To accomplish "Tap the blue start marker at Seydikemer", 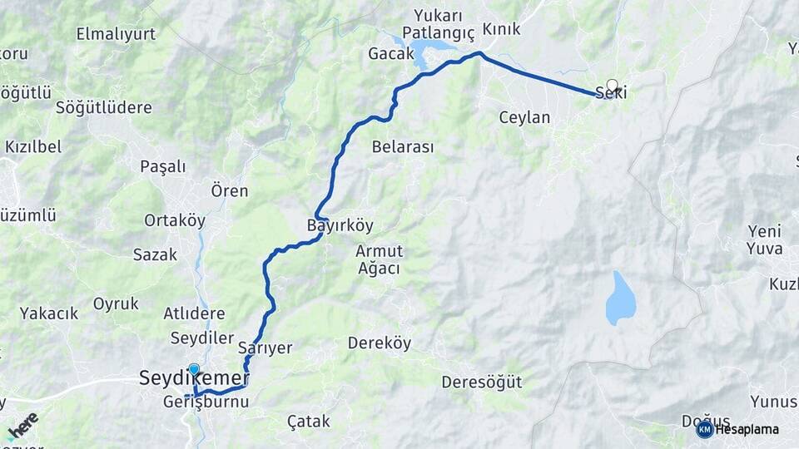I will (x=194, y=370).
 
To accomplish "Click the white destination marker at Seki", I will (x=613, y=85).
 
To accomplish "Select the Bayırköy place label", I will (x=340, y=225).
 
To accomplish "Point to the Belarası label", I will (x=403, y=147).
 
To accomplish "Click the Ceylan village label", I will (x=524, y=118).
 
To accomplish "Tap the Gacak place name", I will (x=390, y=54).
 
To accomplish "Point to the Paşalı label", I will (x=163, y=166).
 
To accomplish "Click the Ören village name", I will (x=230, y=191).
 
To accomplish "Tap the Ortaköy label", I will (x=175, y=220).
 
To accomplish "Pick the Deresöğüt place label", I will (x=481, y=382).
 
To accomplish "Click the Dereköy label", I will (x=380, y=343).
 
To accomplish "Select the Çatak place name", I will (x=308, y=422).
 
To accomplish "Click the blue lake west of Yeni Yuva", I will (x=620, y=298).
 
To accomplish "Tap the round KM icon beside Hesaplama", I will (x=704, y=429).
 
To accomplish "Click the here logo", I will (x=22, y=426).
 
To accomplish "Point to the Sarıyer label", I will (x=265, y=348).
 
